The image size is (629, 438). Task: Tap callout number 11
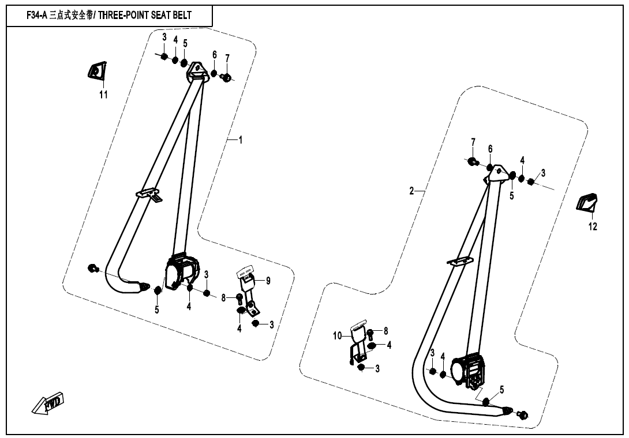[103, 95]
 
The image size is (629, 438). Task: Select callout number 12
[593, 226]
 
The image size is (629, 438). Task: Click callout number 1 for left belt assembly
[241, 140]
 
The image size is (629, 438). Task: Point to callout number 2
[411, 191]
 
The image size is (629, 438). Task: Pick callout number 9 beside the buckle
[268, 281]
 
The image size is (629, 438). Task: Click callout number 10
[338, 335]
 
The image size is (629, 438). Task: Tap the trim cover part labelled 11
[97, 70]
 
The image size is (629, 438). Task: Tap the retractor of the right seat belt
[469, 371]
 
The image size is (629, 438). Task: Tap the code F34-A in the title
[36, 15]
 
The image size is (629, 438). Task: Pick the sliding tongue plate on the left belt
[149, 194]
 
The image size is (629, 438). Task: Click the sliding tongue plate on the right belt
[460, 261]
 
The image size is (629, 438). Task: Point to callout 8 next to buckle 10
[386, 331]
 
